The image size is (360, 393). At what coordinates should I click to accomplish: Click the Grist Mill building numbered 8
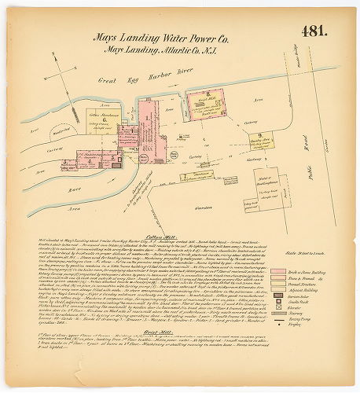coord(208,101)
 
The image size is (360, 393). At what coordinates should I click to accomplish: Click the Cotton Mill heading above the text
coord(158,235)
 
